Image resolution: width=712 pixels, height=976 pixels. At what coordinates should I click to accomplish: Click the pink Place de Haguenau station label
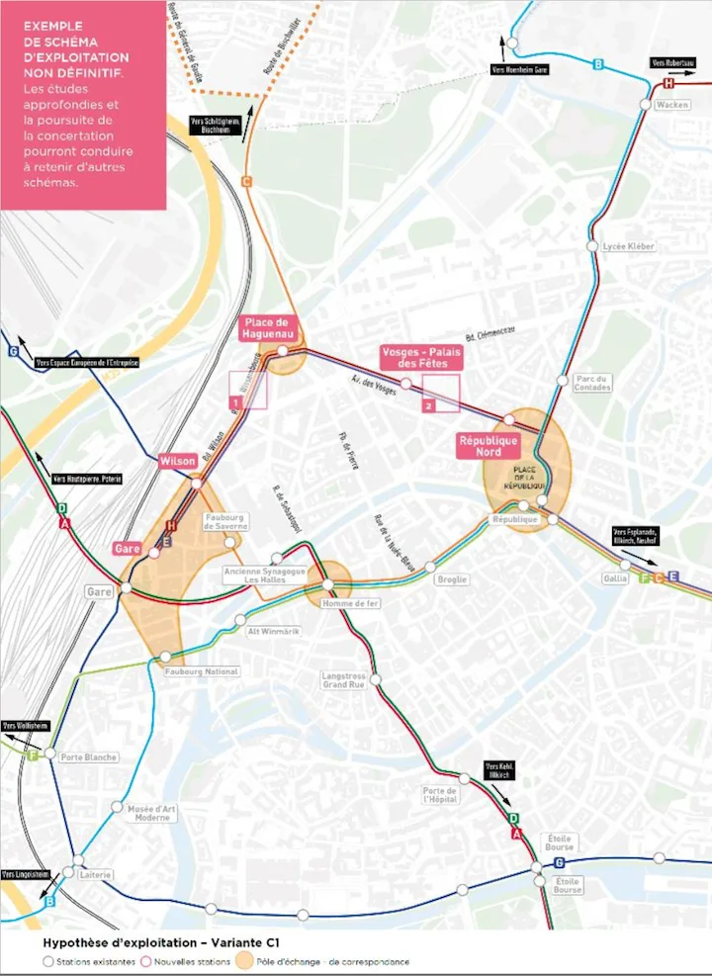coord(266,328)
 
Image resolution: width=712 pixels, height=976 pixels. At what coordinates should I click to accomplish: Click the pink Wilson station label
coord(178,462)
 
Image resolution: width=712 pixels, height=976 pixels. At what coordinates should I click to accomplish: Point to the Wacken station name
coord(671,105)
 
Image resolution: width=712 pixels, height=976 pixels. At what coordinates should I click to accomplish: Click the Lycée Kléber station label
coord(627,246)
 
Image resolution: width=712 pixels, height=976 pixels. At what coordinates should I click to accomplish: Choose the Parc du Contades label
coord(594,384)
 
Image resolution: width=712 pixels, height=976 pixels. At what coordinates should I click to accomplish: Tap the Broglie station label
coord(452,579)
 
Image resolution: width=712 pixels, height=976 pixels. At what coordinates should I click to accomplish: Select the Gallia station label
coord(614,578)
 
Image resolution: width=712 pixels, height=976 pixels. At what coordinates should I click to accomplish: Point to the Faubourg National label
coord(202,671)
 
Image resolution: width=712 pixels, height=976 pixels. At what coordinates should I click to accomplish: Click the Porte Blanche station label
coord(88,757)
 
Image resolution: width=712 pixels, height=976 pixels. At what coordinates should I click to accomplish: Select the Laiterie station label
coord(95,875)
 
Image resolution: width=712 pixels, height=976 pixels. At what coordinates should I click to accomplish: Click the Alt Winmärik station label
coord(266,631)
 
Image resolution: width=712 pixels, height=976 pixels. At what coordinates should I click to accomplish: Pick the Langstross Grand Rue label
coord(343,680)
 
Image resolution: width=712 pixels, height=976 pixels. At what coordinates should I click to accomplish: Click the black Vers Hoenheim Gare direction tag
coord(519,70)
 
